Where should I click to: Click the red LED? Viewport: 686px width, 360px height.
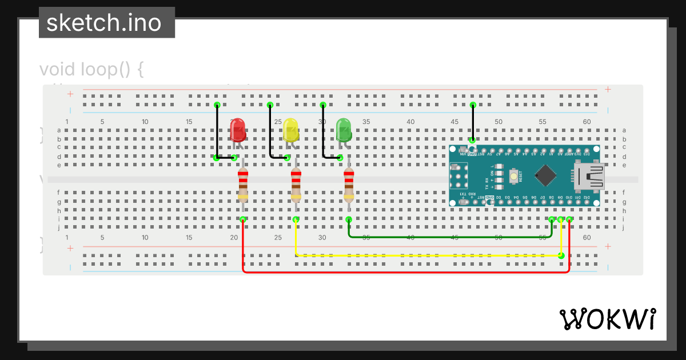pyautogui.click(x=238, y=131)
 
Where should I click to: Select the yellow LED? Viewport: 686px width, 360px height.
pyautogui.click(x=290, y=131)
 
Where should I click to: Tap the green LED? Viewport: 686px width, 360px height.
pyautogui.click(x=344, y=130)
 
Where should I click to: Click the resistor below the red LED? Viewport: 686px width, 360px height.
pyautogui.click(x=243, y=185)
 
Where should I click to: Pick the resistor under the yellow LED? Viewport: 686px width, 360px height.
pyautogui.click(x=296, y=185)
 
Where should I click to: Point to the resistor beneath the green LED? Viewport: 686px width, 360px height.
pyautogui.click(x=349, y=185)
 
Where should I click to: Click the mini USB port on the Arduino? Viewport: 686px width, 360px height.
pyautogui.click(x=589, y=175)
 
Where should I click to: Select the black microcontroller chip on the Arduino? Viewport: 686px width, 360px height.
pyautogui.click(x=546, y=175)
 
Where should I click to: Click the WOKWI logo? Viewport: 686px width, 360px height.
pyautogui.click(x=608, y=319)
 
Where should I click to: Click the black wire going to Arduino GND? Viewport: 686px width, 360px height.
pyautogui.click(x=472, y=122)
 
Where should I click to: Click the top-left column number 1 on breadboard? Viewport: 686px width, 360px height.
pyautogui.click(x=67, y=122)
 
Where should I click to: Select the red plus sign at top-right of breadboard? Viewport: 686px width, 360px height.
pyautogui.click(x=608, y=89)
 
